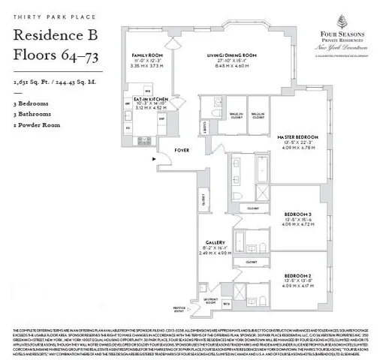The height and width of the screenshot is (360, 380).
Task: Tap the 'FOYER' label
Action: (x=182, y=150)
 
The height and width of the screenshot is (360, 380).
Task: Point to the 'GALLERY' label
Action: (x=216, y=242)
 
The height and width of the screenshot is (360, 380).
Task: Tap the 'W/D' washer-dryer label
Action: (x=226, y=304)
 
